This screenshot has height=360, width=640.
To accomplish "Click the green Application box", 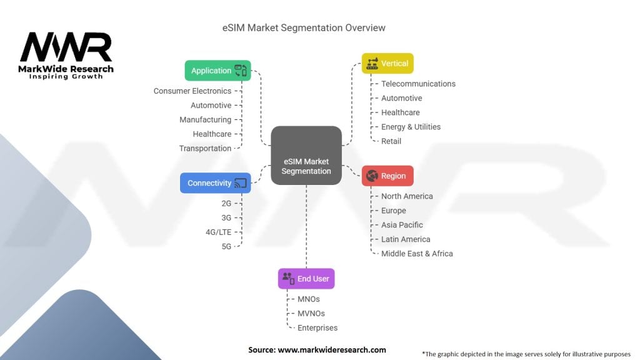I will tap(217, 71).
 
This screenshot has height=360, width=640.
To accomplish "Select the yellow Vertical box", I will tap(387, 63).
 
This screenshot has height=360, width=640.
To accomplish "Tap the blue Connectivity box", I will tap(215, 183).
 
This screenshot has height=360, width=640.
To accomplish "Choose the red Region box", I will tap(387, 176).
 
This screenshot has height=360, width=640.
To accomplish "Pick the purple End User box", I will tap(306, 279).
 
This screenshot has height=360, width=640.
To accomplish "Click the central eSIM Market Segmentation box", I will tap(306, 156).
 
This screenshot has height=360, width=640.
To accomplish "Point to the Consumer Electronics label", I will tap(192, 91).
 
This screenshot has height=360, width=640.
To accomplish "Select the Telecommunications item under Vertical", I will tap(418, 84).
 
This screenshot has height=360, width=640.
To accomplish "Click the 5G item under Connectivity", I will tap(226, 246).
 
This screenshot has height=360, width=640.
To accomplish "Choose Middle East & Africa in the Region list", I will tap(417, 254).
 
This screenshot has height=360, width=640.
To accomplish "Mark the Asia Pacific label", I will tap(402, 225).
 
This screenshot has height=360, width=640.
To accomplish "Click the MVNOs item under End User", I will tap(311, 314).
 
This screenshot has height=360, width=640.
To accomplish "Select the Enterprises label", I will tap(317, 328).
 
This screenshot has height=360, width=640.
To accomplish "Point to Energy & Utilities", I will tap(411, 127).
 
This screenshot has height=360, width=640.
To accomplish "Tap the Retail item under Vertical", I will tap(391, 141).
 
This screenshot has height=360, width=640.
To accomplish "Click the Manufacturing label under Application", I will tap(205, 120).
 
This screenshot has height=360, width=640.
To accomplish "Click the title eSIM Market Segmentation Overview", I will tap(304, 28).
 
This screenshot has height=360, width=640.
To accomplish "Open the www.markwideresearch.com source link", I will tap(331, 350).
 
